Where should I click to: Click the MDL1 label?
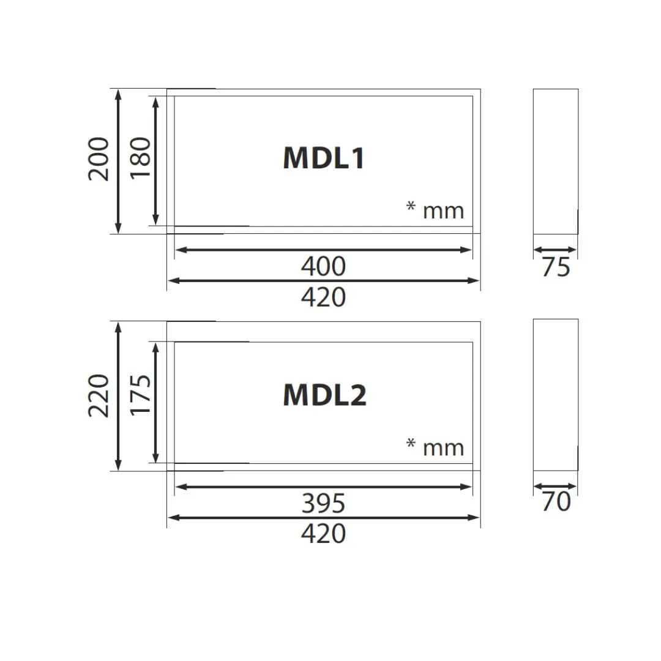point(323,158)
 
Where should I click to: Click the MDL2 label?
point(324,395)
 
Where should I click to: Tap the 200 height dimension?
point(99,159)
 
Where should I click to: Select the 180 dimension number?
point(140,158)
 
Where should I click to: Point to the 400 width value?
point(323,266)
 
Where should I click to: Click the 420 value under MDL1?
point(323,297)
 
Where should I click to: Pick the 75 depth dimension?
point(556,267)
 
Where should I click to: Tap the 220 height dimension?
point(99,395)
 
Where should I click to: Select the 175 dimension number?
point(140,395)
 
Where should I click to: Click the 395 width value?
point(323,503)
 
